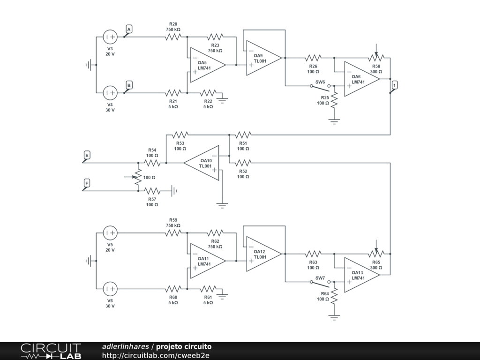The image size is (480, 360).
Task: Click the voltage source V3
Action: pos(110,37)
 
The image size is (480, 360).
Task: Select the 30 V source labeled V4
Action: pos(110,93)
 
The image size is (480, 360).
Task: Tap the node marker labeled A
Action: pos(128,30)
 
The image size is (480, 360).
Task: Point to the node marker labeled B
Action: pos(128,86)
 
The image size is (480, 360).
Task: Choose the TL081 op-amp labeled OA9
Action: pos(264,58)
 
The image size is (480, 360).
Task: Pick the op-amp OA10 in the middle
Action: pos(202,163)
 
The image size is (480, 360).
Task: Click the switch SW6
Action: pos(320,88)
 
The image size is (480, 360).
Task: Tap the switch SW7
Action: pos(320,284)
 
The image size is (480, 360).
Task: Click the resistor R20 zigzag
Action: pos(173,37)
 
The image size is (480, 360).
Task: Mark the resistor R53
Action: pos(180,135)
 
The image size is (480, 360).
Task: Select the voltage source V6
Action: pos(110,289)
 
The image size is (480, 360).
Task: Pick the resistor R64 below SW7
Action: pos(334,296)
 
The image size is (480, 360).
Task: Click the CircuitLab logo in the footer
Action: pos(51,351)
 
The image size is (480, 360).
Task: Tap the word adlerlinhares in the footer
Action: pos(126,346)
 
